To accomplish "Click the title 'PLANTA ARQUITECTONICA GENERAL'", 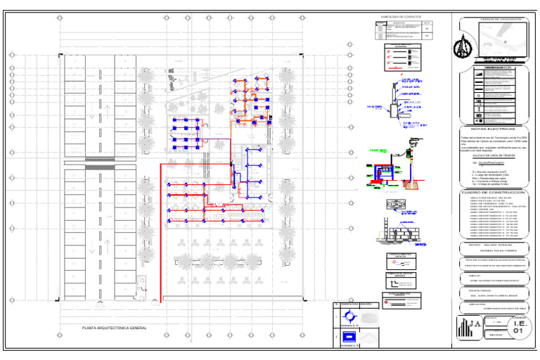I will [114, 328].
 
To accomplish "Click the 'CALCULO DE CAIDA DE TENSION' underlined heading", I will [485, 156].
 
